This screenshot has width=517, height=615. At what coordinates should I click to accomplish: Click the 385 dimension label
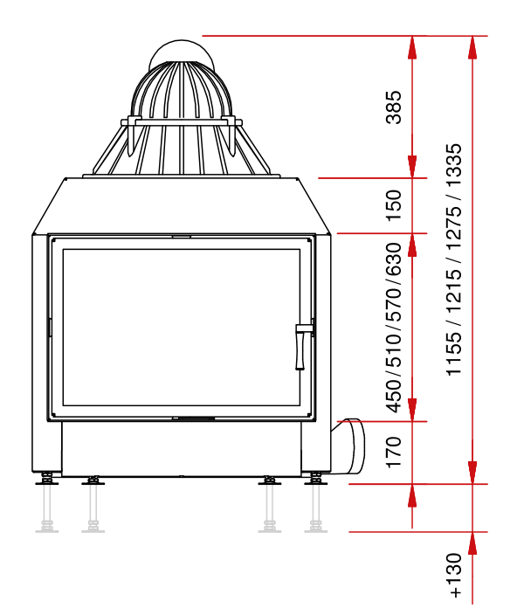coord(394,107)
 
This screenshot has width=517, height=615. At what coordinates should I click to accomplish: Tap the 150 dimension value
coord(394,205)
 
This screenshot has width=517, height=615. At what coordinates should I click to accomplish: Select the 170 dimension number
coord(394,452)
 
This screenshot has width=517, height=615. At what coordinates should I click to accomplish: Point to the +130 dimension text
coord(455,575)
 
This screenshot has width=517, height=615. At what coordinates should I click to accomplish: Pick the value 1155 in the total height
coord(455,354)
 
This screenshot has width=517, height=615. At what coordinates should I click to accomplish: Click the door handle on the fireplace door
coord(300,347)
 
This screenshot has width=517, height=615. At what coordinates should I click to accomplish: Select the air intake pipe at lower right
coord(348,446)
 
